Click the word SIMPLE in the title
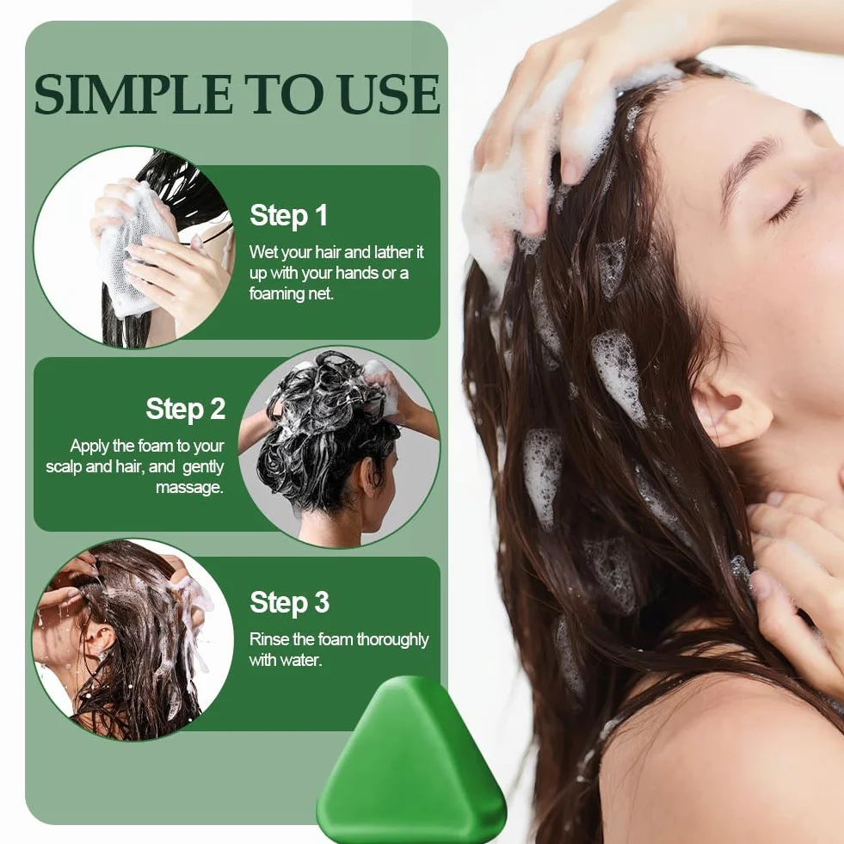(134, 94)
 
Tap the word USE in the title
(391, 94)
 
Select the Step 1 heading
(289, 216)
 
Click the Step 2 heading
(186, 409)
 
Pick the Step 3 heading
(290, 602)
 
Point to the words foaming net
(291, 294)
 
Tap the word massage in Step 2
(189, 488)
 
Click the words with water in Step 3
(286, 660)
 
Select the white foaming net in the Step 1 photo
(134, 248)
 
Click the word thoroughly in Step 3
(392, 640)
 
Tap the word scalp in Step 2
(64, 466)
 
